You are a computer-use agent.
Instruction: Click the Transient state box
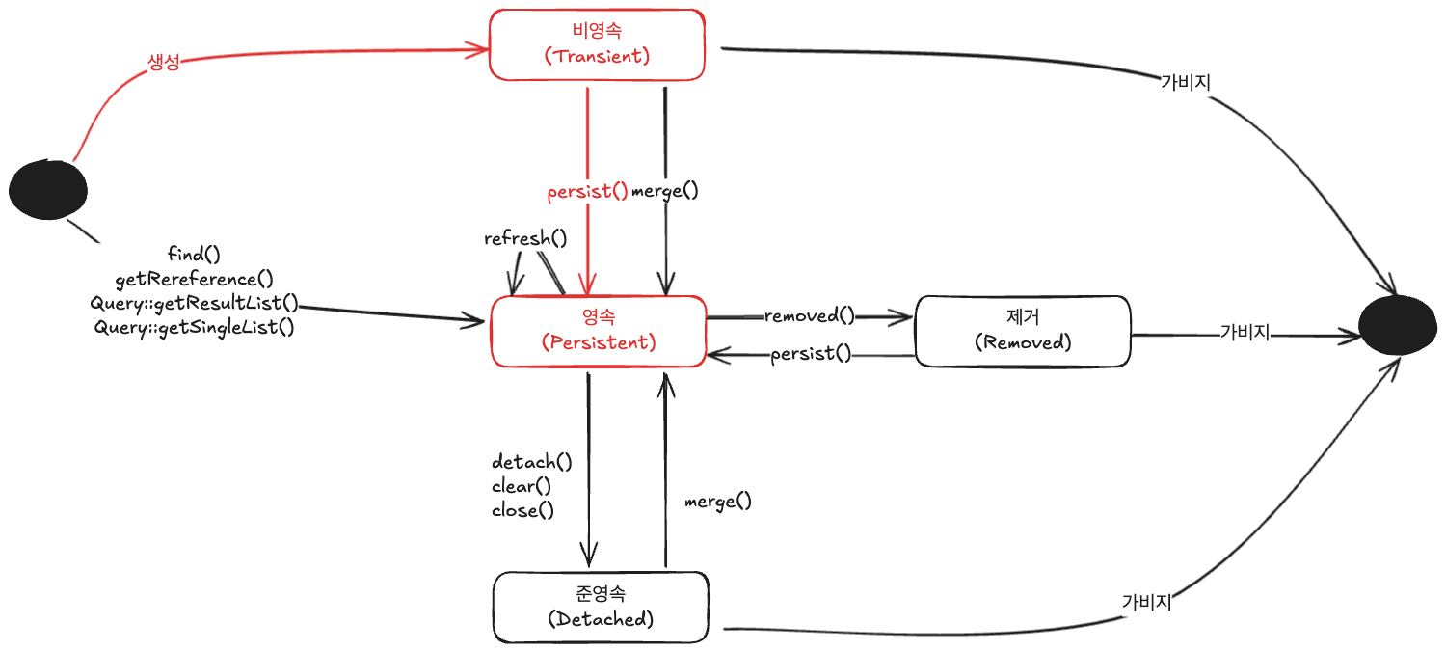click(x=597, y=44)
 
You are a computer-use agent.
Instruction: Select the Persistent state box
click(x=599, y=332)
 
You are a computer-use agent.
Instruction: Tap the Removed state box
click(x=1023, y=332)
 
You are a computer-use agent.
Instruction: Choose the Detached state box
click(x=601, y=608)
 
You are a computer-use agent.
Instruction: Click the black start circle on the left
click(x=48, y=190)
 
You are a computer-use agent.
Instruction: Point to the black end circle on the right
click(x=1398, y=325)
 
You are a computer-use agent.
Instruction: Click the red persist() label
click(x=587, y=192)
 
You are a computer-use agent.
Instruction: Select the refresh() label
click(x=525, y=238)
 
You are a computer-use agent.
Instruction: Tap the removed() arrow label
click(x=810, y=315)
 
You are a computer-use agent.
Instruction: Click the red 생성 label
click(x=163, y=63)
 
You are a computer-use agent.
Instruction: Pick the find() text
click(x=194, y=254)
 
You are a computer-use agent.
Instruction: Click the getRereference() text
click(x=195, y=279)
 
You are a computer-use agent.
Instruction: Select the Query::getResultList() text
click(x=195, y=303)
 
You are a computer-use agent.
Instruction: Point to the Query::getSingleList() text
click(x=195, y=328)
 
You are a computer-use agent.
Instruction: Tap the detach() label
click(x=532, y=461)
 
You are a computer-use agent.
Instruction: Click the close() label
click(x=522, y=510)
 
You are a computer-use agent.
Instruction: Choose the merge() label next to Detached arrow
click(x=718, y=502)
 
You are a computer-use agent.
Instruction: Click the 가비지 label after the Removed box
click(x=1245, y=332)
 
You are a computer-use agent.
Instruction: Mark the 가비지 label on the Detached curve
click(x=1146, y=602)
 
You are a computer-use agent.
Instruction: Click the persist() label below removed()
click(x=811, y=353)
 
